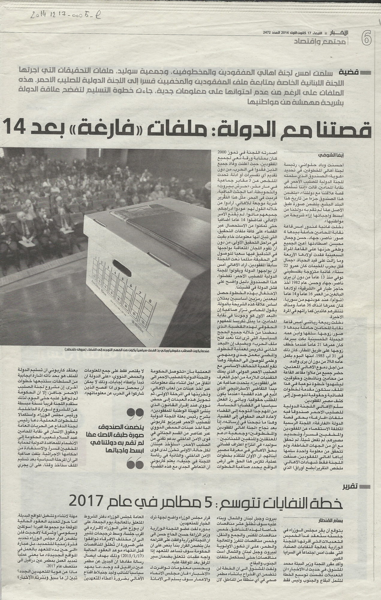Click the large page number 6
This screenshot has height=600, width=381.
point(366,38)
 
